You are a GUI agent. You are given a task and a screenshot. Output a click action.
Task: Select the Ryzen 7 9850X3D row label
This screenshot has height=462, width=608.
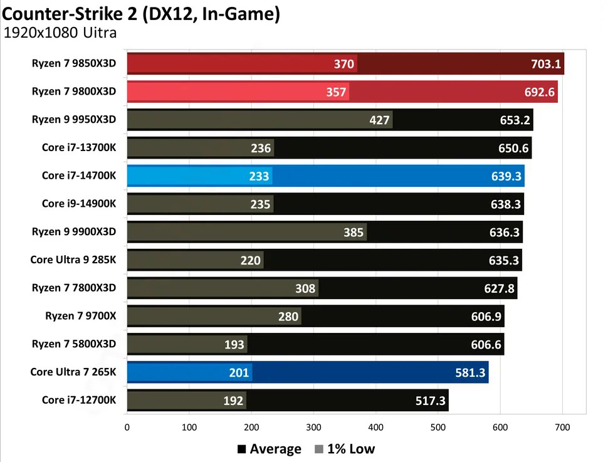point(74,63)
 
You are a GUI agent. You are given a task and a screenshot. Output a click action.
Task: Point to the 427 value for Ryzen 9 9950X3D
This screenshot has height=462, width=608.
point(380,120)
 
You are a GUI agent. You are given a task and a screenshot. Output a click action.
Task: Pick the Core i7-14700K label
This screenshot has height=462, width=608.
point(79,176)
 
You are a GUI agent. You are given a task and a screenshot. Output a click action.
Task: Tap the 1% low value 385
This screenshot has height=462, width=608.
point(354,233)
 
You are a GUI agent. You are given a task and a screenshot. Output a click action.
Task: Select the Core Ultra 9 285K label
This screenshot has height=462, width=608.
point(73,260)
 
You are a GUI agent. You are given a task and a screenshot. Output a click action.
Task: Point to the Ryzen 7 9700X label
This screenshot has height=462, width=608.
point(81,316)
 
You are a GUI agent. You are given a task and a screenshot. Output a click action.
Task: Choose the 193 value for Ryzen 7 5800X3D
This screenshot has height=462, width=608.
point(235,345)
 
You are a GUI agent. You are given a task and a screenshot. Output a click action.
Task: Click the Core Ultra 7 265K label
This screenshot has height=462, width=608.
point(73,372)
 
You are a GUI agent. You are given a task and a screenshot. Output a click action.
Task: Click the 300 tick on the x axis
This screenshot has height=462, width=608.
point(313,428)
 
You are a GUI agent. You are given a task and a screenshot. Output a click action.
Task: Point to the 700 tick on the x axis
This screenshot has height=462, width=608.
point(562,428)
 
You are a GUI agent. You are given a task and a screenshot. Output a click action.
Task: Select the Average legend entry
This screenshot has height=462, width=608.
point(269,449)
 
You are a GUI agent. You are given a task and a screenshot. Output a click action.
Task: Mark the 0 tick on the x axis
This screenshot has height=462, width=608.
point(127,428)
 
